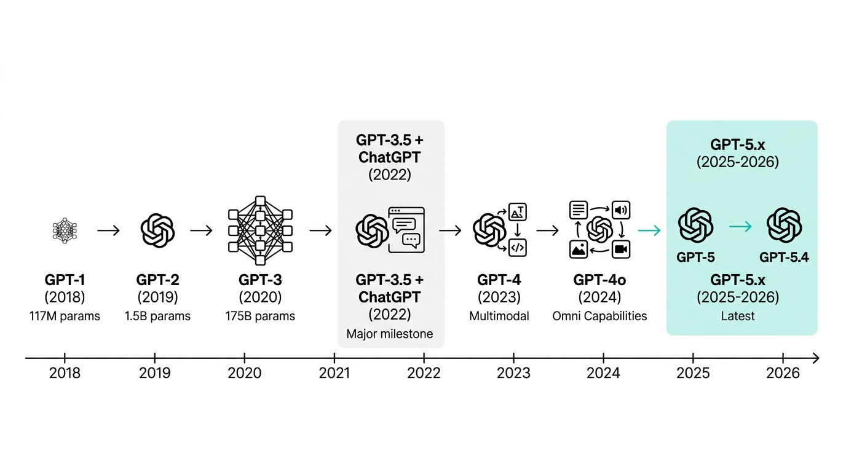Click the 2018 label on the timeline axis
[x=65, y=373]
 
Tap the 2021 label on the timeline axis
[x=334, y=373]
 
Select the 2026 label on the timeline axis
[x=783, y=373]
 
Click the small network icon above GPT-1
[x=65, y=230]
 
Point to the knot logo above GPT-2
[x=157, y=230]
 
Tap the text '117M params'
[x=65, y=317]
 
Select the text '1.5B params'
[x=157, y=317]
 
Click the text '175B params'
[x=260, y=317]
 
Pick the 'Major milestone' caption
[x=390, y=334]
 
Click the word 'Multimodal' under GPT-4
[x=499, y=317]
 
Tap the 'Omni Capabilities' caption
[x=599, y=317]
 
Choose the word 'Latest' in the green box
[x=738, y=317]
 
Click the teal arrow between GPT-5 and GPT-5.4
[x=740, y=227]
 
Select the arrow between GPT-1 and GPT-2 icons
[x=109, y=230]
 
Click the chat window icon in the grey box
[x=406, y=230]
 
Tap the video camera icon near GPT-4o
[x=622, y=249]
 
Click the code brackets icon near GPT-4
[x=518, y=248]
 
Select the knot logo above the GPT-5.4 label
[x=784, y=225]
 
